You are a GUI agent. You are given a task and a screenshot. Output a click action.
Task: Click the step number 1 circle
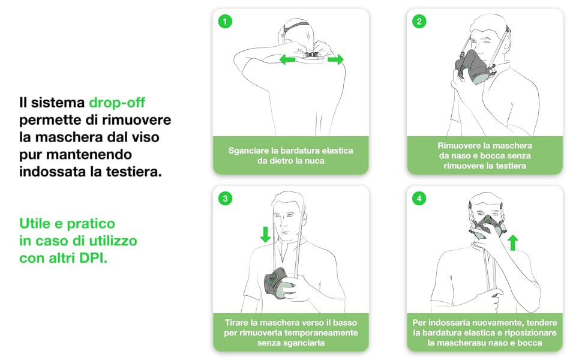(x=225, y=21)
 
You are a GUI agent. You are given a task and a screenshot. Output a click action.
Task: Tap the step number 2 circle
(x=419, y=21)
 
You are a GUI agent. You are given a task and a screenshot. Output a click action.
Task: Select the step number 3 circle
(x=225, y=198)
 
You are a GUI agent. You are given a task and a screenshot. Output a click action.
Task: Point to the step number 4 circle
(x=419, y=198)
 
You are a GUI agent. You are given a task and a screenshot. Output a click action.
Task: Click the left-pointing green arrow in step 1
(x=287, y=59)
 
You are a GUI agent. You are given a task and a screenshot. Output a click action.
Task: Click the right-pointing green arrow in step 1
(x=335, y=59)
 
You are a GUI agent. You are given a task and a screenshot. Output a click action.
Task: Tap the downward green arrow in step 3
(x=265, y=235)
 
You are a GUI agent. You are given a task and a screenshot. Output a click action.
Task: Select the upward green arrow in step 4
(x=513, y=243)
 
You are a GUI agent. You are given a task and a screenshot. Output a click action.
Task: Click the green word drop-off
(x=117, y=103)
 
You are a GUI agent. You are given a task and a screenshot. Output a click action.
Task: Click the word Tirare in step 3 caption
(x=236, y=323)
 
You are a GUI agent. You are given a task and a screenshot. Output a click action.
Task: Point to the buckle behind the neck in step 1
(x=312, y=55)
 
